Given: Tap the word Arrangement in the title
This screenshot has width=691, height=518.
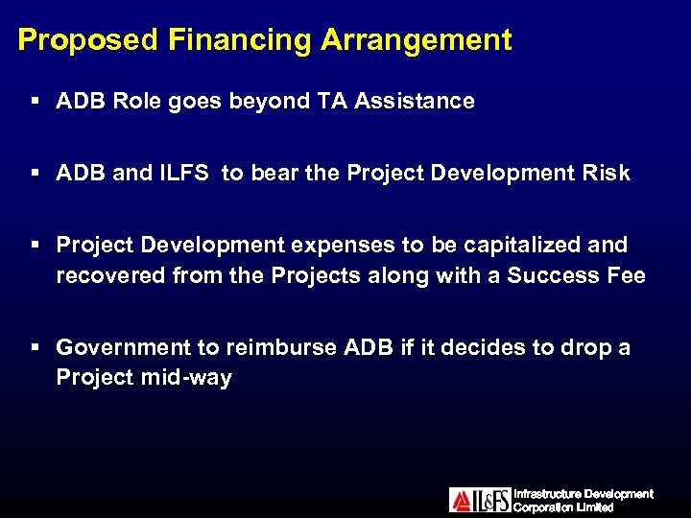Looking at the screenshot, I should [x=417, y=40].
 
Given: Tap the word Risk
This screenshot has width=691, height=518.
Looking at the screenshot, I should [x=607, y=173].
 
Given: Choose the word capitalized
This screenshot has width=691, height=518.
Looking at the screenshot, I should [x=522, y=245].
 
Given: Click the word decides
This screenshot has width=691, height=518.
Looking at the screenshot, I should [x=477, y=347].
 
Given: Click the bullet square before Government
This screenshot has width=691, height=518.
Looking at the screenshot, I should [x=34, y=347].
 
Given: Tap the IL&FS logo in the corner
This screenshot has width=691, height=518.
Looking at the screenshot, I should [x=480, y=500].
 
